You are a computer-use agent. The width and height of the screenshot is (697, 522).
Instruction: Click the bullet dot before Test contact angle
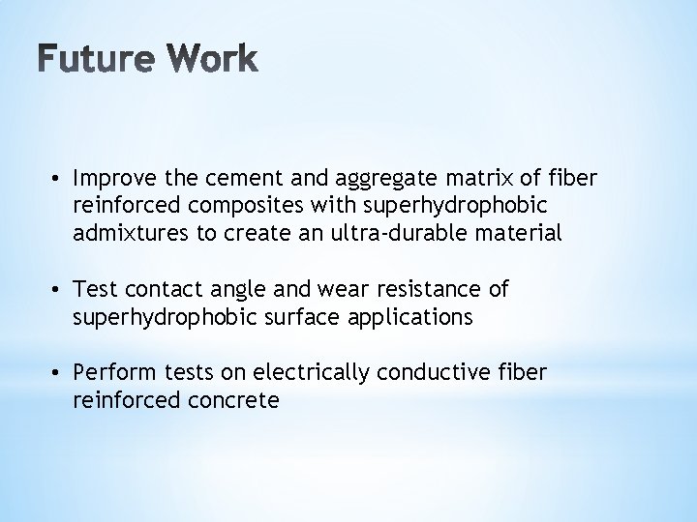click(60, 290)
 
